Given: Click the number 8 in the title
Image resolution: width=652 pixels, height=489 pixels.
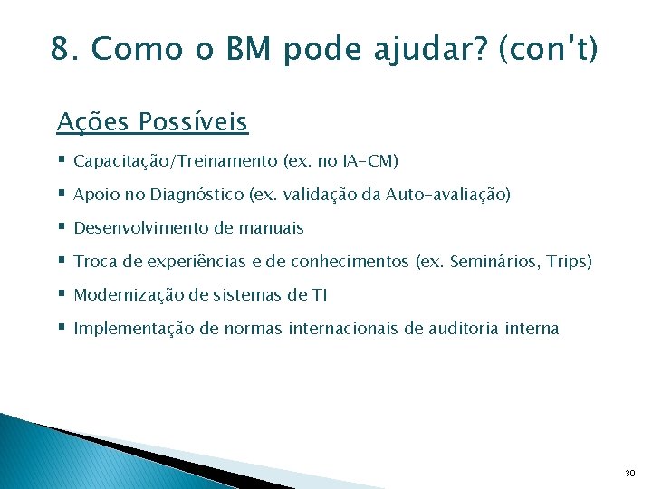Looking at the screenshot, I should [62, 49].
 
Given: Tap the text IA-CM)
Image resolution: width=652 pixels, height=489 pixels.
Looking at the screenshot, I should [370, 161].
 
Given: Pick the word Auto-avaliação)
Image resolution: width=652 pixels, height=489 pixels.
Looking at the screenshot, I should [448, 195].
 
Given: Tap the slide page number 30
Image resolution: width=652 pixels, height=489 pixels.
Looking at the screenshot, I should [629, 474].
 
